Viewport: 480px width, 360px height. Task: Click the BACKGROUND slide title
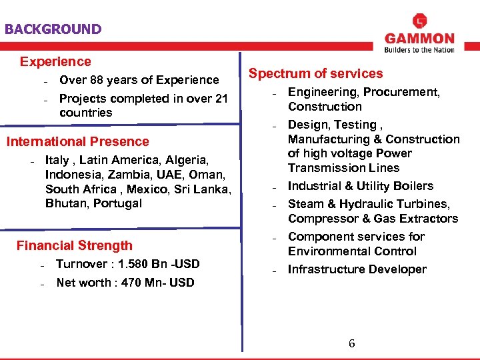(53, 29)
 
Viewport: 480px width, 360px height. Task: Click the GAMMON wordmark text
(419, 39)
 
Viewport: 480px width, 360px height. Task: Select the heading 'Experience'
(55, 61)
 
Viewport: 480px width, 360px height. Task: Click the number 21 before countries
(221, 99)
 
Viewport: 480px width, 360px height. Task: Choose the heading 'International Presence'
(77, 141)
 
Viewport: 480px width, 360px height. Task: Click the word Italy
(58, 160)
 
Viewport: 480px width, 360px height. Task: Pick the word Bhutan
(65, 203)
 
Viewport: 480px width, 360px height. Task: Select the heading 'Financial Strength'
(75, 245)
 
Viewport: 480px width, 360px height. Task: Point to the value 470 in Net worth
(132, 283)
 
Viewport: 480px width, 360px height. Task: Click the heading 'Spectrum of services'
(316, 73)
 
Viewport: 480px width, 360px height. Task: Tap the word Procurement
(401, 92)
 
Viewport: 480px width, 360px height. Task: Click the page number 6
(352, 344)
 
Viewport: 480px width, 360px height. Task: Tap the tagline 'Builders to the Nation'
(419, 49)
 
